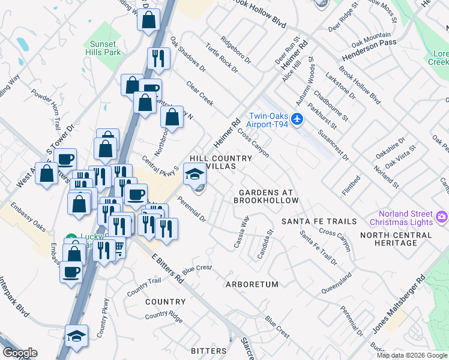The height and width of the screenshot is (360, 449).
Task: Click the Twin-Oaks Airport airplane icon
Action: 297,120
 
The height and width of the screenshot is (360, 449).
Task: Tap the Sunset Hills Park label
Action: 105,48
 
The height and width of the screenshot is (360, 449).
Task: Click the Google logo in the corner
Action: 20,352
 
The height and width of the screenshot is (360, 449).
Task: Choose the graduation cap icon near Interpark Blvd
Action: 76,335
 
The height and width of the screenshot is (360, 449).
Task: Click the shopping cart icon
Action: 118,246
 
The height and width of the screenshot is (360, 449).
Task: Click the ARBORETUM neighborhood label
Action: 252,284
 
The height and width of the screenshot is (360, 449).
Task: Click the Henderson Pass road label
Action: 370,50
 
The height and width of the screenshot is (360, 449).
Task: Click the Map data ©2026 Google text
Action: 412,355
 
